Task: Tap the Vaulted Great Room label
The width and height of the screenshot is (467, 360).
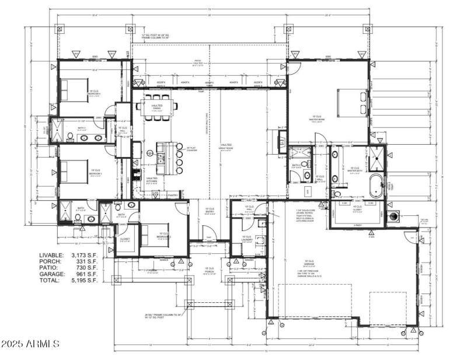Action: coord(226,147)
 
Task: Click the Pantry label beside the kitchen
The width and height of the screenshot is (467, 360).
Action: coord(172,195)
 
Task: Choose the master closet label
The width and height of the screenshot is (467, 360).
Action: coord(357,207)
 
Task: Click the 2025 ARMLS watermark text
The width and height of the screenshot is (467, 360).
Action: coord(30,344)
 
